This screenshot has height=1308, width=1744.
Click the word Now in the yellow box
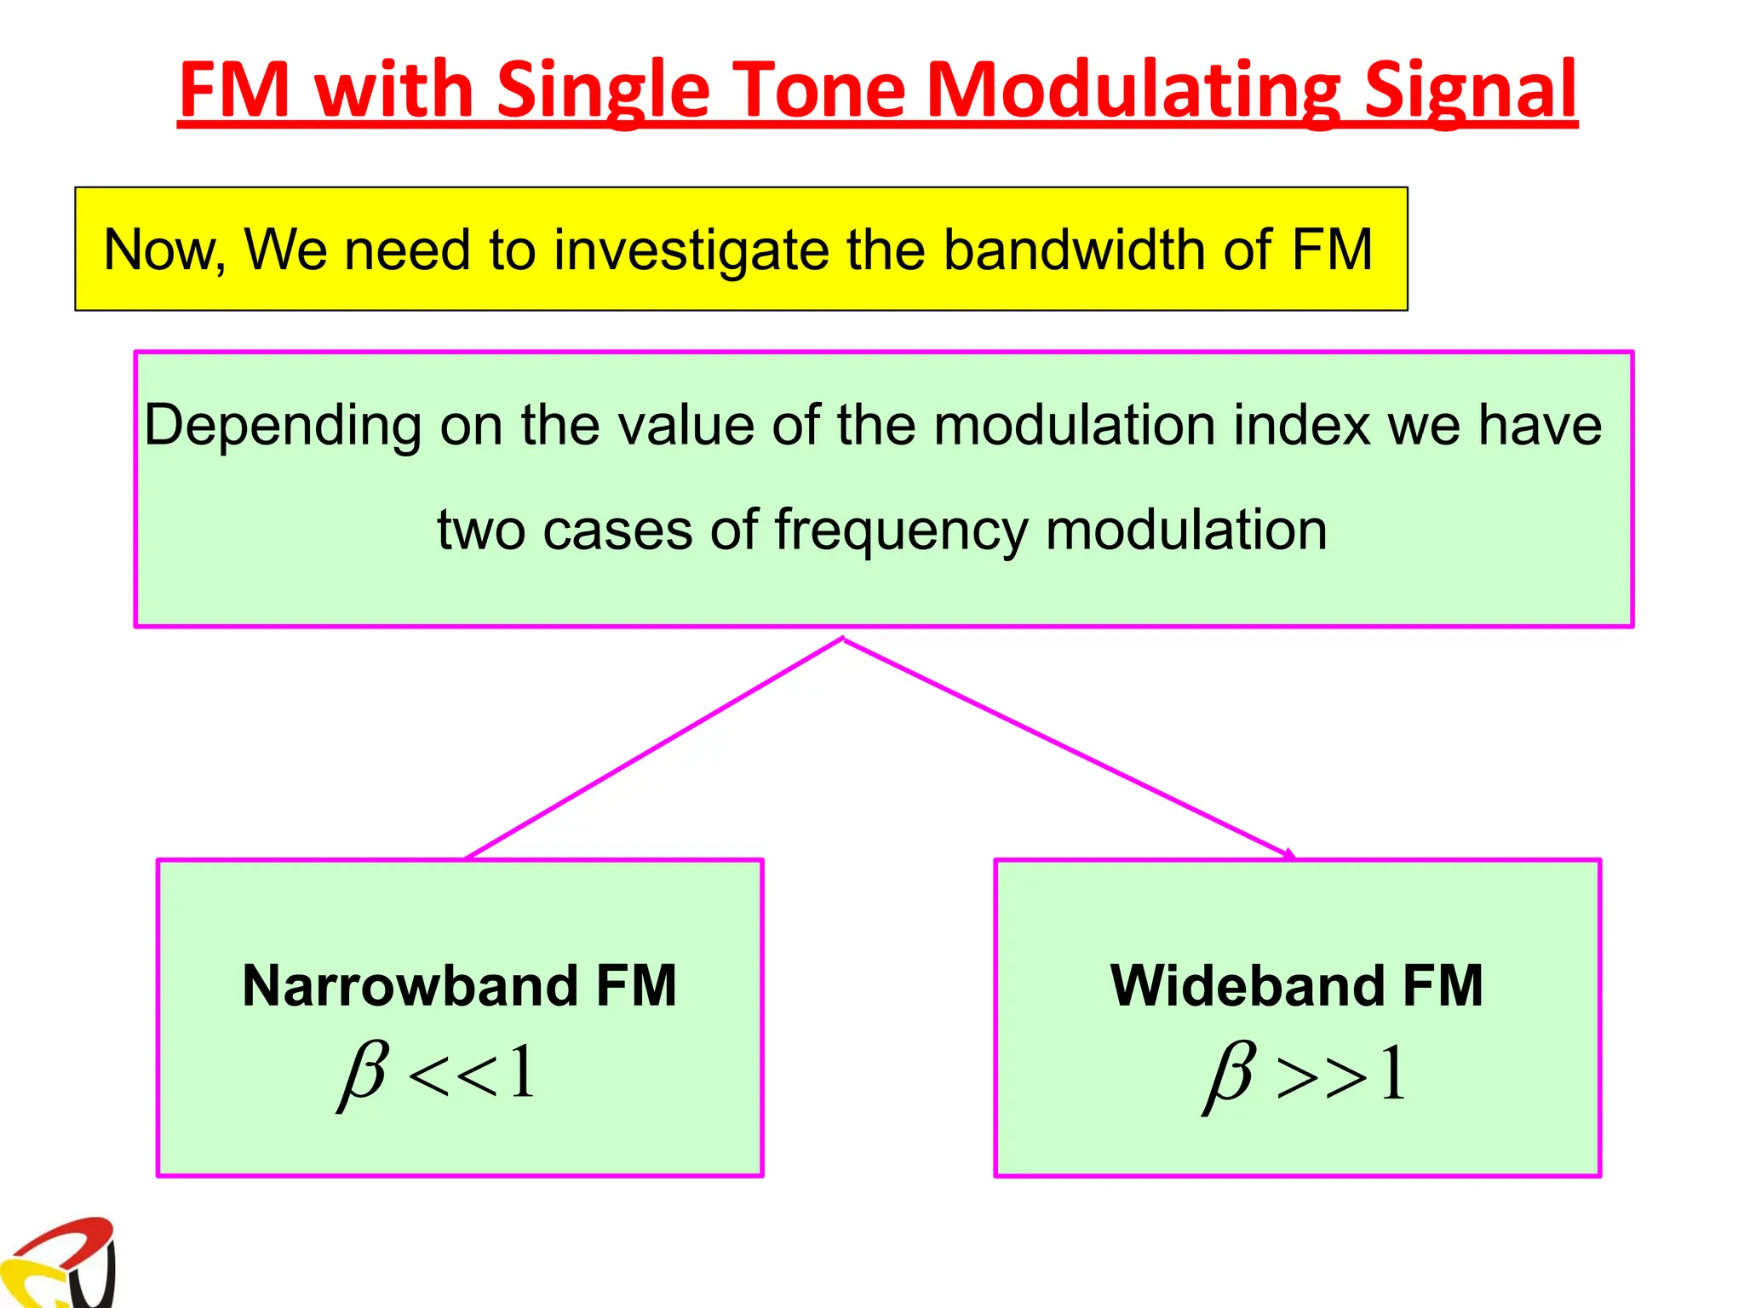[162, 250]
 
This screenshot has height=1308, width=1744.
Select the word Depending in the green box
[282, 426]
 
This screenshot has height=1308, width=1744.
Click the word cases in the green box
[618, 530]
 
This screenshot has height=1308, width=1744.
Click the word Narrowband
[410, 986]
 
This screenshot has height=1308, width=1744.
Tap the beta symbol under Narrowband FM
[364, 1075]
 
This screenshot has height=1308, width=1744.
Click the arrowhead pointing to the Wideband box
[1289, 854]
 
